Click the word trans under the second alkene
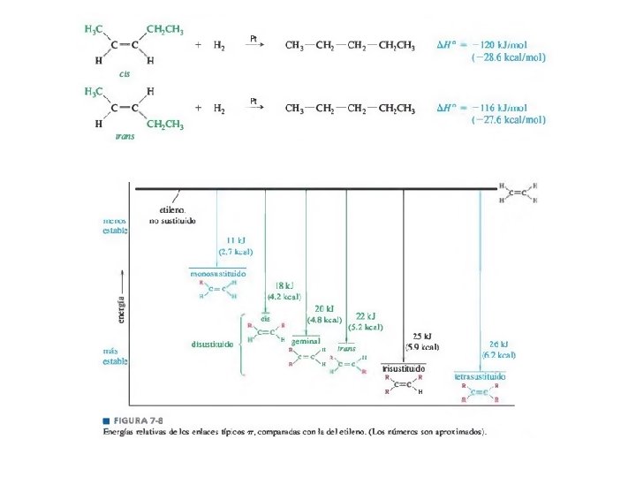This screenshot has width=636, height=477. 125,137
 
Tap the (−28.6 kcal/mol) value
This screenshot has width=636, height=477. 508,57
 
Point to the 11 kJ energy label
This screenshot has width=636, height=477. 236,240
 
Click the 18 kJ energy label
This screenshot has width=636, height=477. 284,285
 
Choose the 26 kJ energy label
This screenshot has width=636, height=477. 498,344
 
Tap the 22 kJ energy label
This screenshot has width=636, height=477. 366,315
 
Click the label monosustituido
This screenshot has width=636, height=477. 217,274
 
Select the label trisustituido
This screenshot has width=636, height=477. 404,367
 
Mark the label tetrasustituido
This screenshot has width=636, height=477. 480,376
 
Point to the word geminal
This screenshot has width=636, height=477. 306,341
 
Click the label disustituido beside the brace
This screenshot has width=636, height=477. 212,344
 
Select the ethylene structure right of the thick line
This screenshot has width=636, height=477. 519,193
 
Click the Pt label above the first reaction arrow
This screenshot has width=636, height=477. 254,38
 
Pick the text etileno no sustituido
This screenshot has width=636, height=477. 171,215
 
